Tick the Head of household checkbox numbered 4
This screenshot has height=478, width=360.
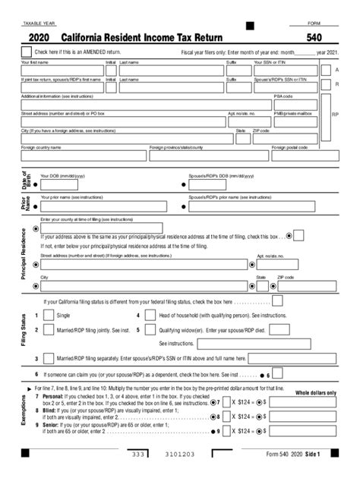pyautogui.click(x=148, y=315)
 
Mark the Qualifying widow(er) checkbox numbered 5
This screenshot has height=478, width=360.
pyautogui.click(x=148, y=330)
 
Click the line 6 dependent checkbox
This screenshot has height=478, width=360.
pyautogui.click(x=277, y=373)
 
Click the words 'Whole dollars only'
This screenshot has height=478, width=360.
pyautogui.click(x=315, y=392)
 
